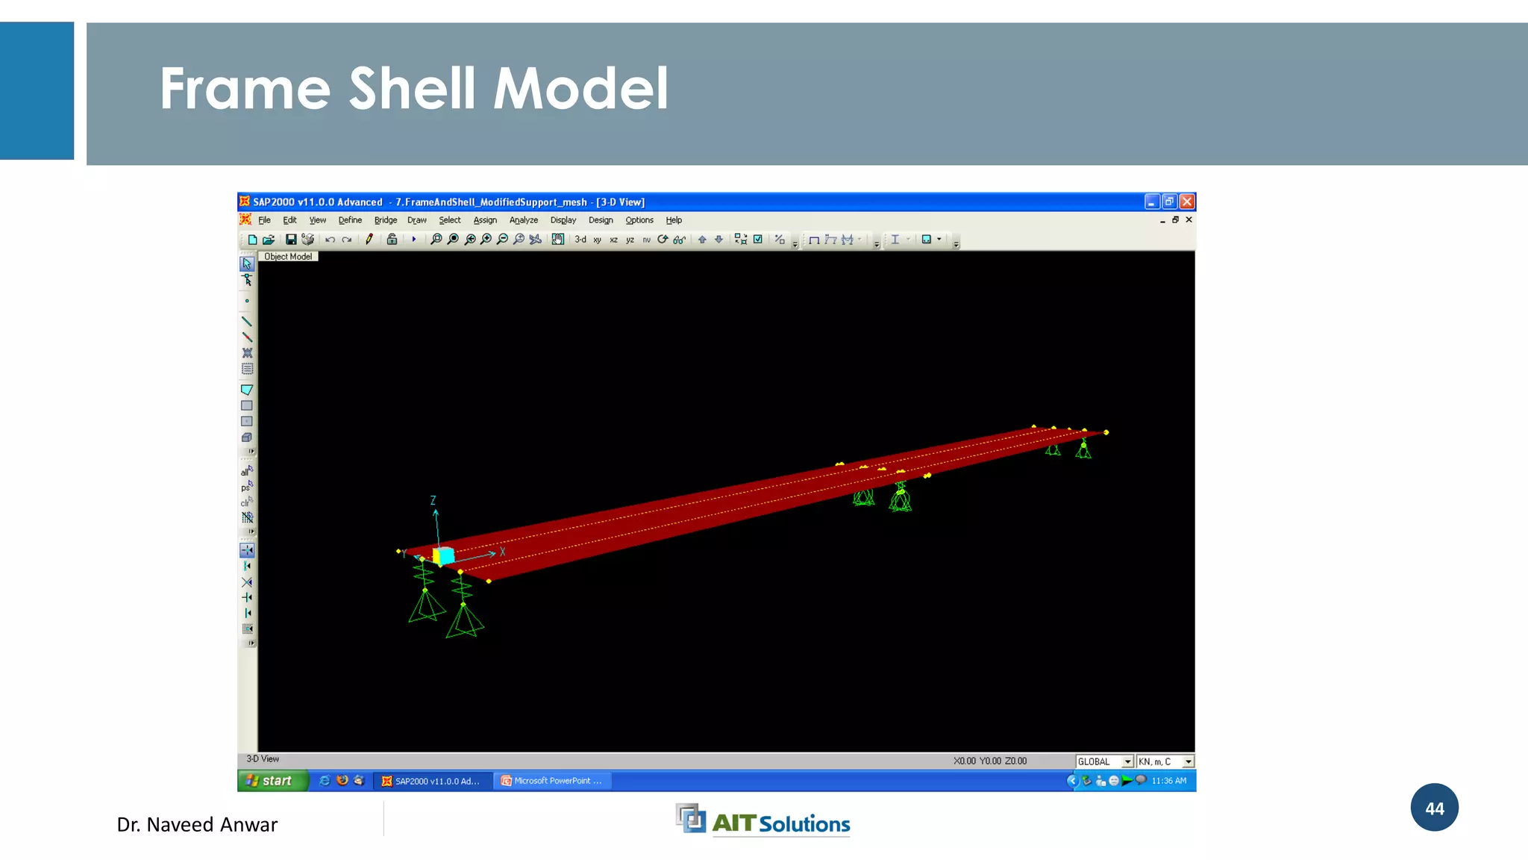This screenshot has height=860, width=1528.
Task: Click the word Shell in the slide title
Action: click(412, 89)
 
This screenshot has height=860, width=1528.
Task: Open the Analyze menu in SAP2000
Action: click(523, 220)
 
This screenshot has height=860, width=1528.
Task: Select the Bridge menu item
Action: click(385, 220)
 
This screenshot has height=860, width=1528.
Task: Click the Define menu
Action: click(350, 220)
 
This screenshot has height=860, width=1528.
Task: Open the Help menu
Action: click(674, 220)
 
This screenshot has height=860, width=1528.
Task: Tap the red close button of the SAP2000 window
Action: click(1187, 202)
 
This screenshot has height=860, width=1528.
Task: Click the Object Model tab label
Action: click(288, 257)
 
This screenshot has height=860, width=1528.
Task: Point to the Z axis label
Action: click(433, 501)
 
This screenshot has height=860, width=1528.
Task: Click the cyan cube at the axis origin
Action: click(444, 555)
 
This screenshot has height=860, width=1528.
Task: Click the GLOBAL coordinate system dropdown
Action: click(1104, 761)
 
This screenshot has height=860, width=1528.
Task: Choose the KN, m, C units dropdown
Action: click(1165, 761)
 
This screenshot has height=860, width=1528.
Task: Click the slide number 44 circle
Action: click(1434, 808)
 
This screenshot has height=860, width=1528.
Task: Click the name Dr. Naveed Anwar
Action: click(197, 825)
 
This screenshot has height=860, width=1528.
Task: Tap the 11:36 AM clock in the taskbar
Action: click(1168, 781)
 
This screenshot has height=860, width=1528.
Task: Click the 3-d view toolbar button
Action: click(580, 240)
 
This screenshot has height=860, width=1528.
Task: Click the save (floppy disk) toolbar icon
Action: click(291, 240)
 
